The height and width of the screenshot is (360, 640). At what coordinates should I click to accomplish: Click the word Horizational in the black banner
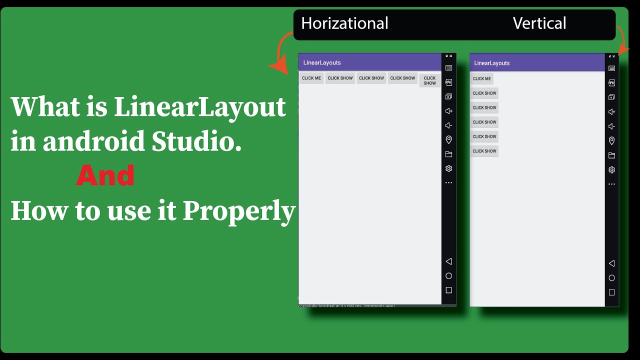(344, 23)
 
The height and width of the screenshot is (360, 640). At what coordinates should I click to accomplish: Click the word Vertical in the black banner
(539, 23)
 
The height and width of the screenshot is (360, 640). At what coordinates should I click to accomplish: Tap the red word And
(105, 176)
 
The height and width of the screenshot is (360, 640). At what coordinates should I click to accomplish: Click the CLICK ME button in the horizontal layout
(311, 78)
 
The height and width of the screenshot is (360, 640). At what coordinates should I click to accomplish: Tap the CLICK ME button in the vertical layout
(482, 78)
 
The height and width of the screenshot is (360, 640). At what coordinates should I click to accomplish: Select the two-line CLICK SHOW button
(430, 80)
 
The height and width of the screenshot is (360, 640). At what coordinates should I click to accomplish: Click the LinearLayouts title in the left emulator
(322, 62)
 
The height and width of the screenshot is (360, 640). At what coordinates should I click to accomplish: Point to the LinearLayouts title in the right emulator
(492, 63)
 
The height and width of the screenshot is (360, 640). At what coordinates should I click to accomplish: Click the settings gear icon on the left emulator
(448, 168)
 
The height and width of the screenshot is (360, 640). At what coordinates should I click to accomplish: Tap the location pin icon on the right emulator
(611, 141)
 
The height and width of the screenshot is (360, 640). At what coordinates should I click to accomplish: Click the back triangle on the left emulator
(448, 261)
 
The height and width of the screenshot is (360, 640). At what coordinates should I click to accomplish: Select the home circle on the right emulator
(611, 278)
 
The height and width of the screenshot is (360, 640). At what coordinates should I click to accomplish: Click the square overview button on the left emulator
(448, 290)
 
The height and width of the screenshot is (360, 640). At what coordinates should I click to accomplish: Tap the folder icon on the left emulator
(448, 154)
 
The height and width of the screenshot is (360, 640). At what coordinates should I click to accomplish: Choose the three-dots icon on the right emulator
(611, 184)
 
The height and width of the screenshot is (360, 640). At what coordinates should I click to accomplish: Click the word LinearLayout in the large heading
(200, 107)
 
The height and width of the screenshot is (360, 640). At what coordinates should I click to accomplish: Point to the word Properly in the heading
(239, 211)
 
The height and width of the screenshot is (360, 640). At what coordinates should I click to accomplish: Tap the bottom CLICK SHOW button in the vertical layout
(484, 151)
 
